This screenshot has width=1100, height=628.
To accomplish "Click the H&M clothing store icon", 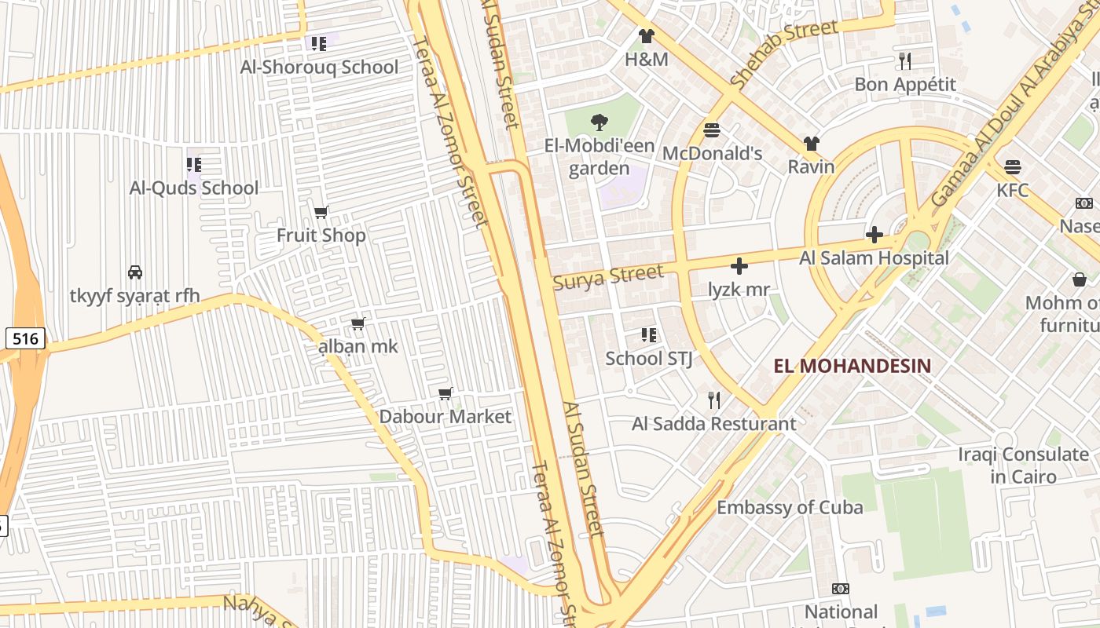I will click(646, 36).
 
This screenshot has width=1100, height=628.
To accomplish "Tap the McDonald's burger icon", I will click(712, 130).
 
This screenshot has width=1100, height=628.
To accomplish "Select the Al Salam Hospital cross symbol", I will click(874, 235).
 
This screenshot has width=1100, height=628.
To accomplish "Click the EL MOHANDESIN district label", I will click(852, 366).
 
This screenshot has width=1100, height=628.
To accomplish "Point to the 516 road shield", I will click(25, 339).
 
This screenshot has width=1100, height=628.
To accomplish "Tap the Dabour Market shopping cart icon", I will click(445, 393).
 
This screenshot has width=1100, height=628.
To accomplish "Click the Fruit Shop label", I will click(321, 235).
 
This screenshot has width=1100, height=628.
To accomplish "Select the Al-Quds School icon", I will click(193, 165).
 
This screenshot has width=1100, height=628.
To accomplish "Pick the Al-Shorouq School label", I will click(319, 68).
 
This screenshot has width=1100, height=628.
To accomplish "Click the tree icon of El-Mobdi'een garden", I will click(599, 122).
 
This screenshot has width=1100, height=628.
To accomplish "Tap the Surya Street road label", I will click(608, 277).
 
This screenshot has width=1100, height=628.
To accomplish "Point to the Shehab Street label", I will click(783, 54).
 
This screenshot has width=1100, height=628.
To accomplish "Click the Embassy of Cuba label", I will click(790, 508).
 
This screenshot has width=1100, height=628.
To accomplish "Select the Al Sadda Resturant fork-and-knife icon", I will click(713, 400).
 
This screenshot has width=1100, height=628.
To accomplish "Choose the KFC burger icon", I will click(1013, 167).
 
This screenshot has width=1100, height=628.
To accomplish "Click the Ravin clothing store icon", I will click(811, 144).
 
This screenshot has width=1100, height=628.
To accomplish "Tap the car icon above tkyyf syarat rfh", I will click(135, 272).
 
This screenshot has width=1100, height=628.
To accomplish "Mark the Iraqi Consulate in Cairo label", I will click(1023, 466).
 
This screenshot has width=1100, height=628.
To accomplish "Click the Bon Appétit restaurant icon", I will click(904, 60).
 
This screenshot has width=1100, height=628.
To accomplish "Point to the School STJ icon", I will click(648, 335).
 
